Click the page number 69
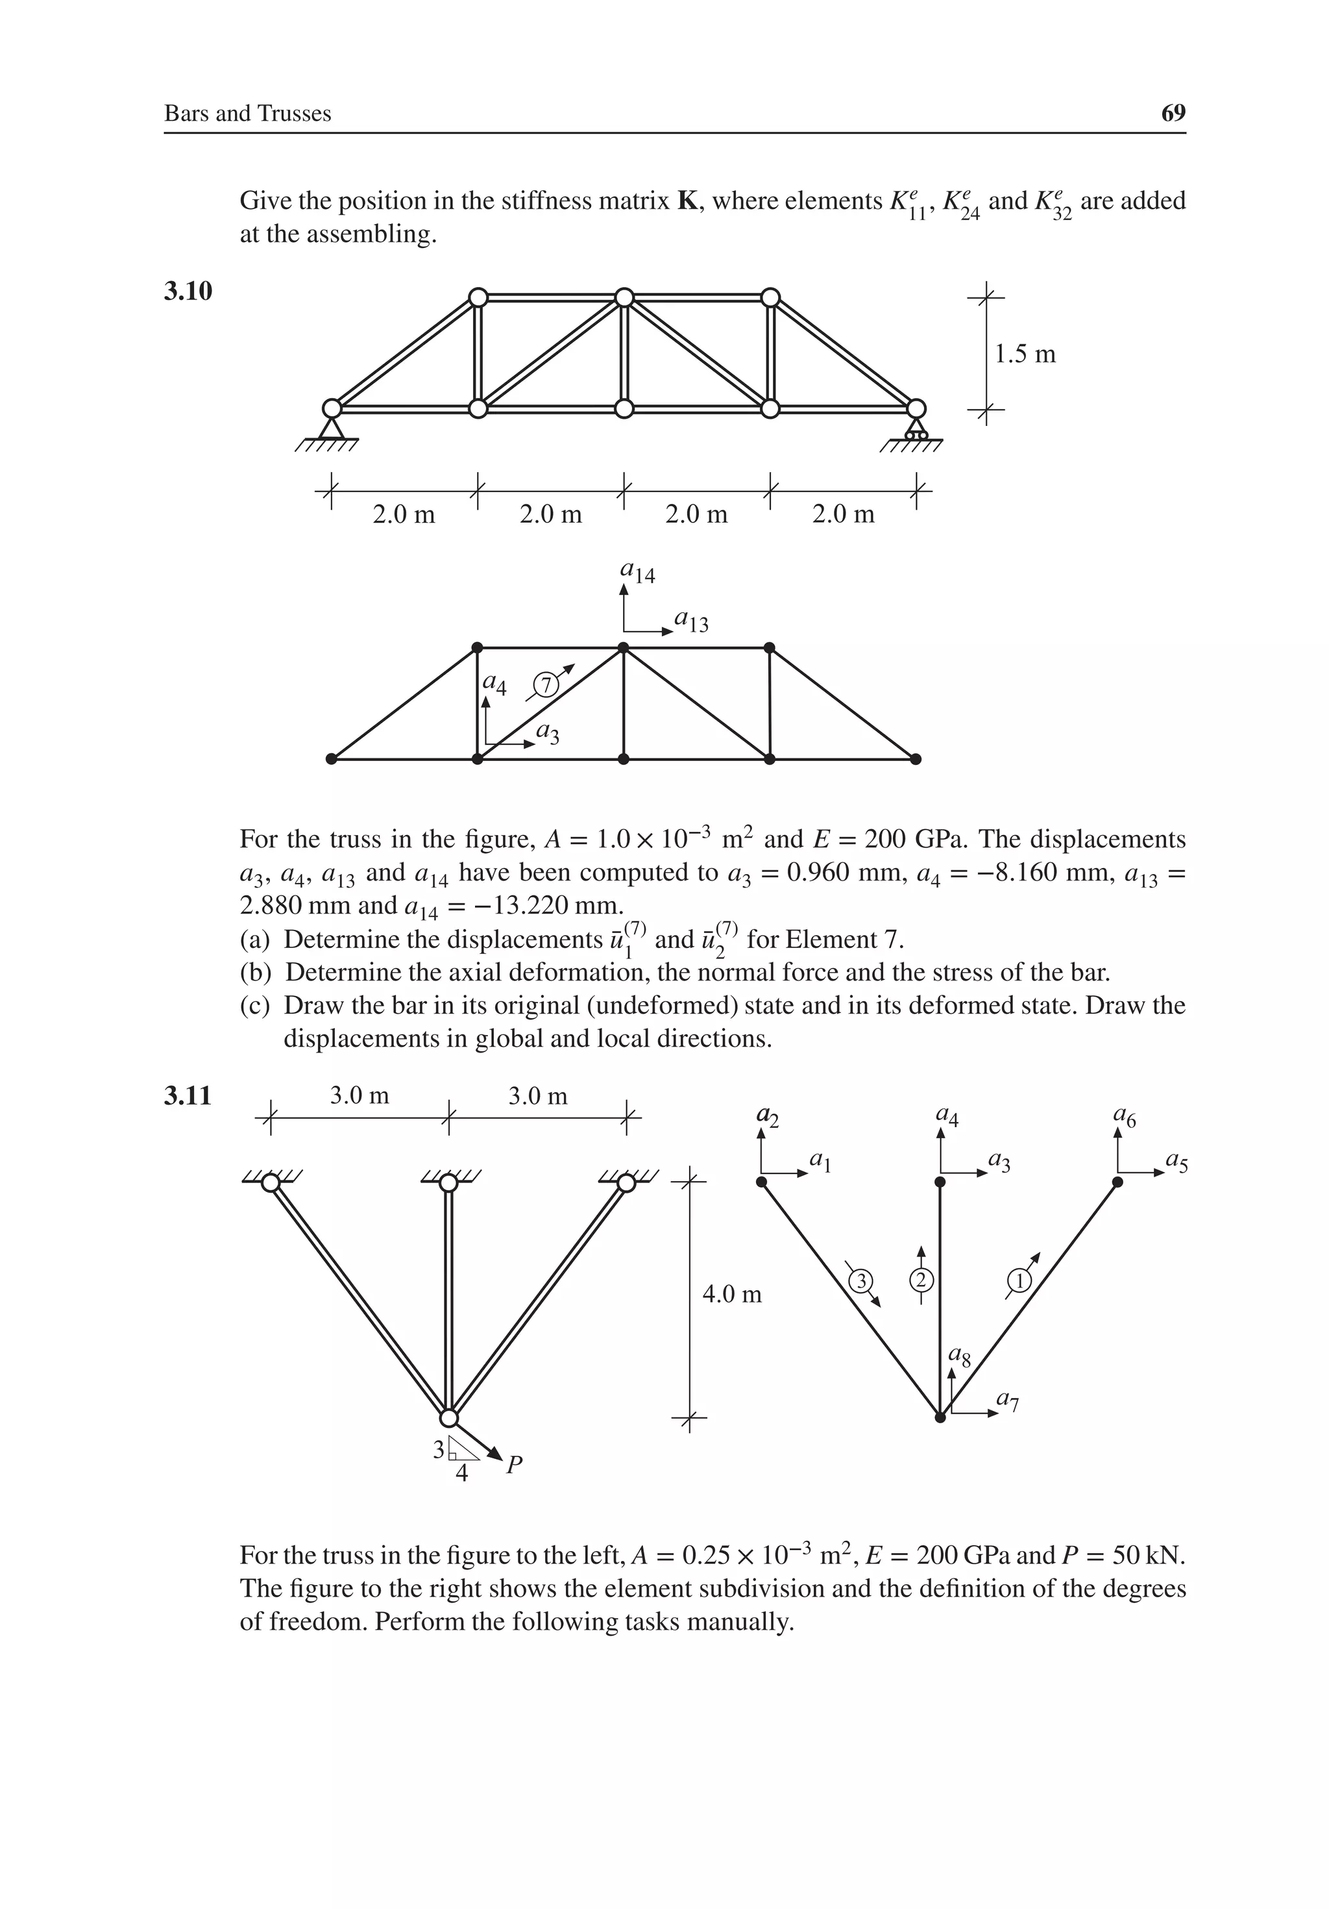(x=1173, y=113)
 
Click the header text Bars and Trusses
(x=248, y=114)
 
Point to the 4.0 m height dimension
(x=731, y=1295)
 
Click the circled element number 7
(x=545, y=685)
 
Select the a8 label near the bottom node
(x=959, y=1358)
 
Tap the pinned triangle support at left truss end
(x=332, y=428)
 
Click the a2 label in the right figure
(x=767, y=1117)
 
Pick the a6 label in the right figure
(x=1125, y=1117)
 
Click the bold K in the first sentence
(x=687, y=201)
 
